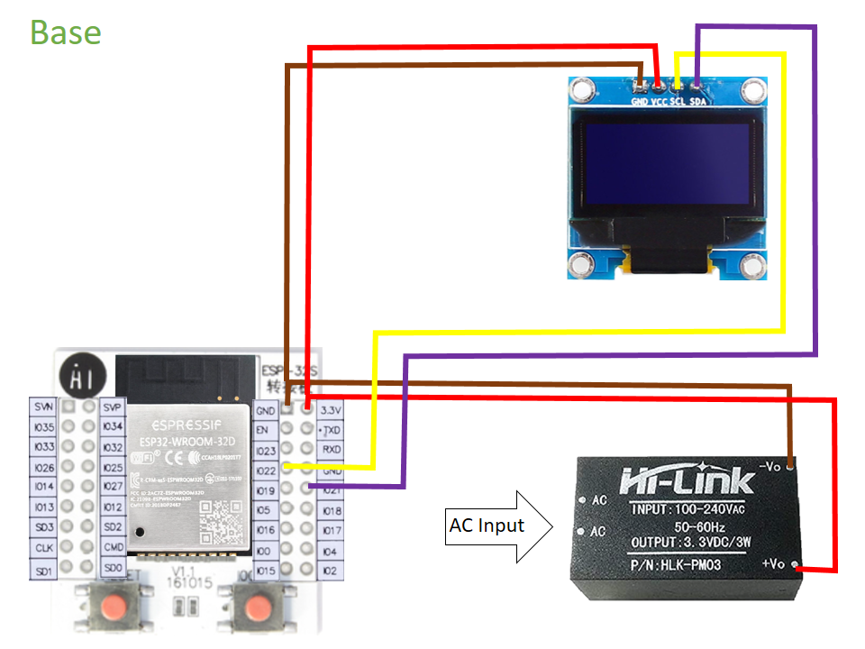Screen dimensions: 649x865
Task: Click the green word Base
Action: click(x=66, y=32)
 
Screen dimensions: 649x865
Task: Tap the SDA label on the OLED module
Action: click(x=698, y=103)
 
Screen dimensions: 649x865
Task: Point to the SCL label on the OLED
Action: click(x=678, y=103)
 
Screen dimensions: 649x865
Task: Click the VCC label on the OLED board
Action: click(x=659, y=103)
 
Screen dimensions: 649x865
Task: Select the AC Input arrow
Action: click(x=499, y=526)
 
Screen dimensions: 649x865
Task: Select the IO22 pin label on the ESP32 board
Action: click(x=265, y=471)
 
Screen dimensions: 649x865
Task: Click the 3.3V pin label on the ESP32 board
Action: click(x=332, y=410)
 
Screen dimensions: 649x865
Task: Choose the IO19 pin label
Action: click(x=265, y=490)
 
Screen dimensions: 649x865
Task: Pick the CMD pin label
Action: click(x=114, y=547)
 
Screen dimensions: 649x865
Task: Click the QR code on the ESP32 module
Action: click(x=217, y=521)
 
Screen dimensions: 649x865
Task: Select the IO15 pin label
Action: click(x=265, y=571)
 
